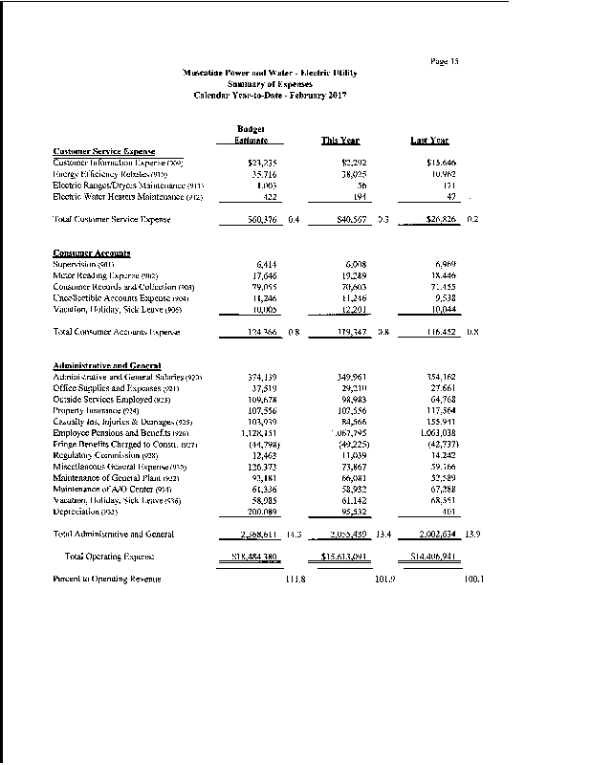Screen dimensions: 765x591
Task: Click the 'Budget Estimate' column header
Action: click(250, 135)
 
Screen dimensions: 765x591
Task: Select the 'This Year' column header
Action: click(339, 141)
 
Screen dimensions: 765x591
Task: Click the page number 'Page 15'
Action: click(445, 61)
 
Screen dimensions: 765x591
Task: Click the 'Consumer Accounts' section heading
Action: click(90, 252)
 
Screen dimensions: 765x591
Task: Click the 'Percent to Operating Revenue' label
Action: click(106, 579)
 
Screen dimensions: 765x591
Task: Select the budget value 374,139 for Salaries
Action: click(260, 378)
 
